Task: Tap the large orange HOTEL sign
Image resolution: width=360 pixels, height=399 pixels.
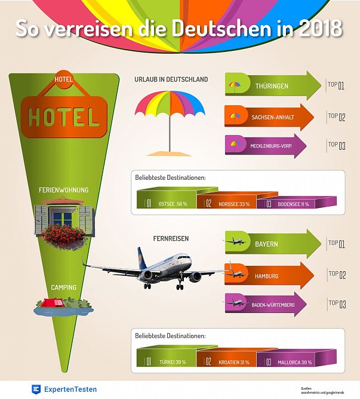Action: point(64,117)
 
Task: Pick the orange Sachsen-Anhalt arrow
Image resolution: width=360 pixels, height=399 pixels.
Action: point(269,116)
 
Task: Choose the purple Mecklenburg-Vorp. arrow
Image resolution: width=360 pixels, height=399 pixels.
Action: point(266,146)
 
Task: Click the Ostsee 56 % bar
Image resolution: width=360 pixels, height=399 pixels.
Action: point(167,203)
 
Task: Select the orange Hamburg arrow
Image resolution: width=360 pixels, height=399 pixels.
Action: point(269,275)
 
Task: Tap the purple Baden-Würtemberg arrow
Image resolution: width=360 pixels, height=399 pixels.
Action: point(266,305)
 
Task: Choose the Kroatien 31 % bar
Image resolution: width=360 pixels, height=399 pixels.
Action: point(230,361)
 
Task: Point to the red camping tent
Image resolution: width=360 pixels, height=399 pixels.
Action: point(56,303)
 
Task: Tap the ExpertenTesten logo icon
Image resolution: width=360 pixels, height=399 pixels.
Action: point(37,389)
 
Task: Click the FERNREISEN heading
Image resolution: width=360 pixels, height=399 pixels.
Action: point(170,238)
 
